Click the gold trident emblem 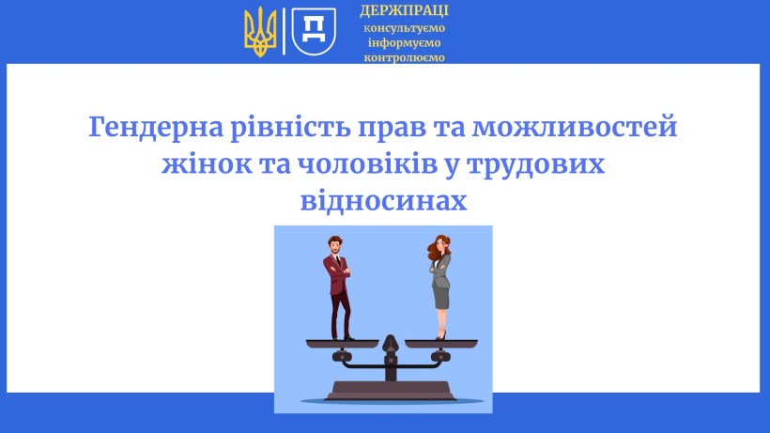tap(260, 32)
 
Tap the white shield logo tap(315, 31)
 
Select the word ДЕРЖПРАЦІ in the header tap(404, 10)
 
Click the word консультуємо tap(404, 28)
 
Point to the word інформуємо tap(404, 42)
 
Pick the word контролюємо tap(404, 57)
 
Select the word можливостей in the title tap(575, 127)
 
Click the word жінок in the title tap(207, 164)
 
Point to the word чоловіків tap(367, 164)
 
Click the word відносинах tap(383, 200)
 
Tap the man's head tap(335, 244)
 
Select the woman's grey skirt tap(441, 298)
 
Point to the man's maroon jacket tap(335, 273)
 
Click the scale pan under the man tap(343, 343)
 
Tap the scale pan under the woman tap(441, 343)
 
